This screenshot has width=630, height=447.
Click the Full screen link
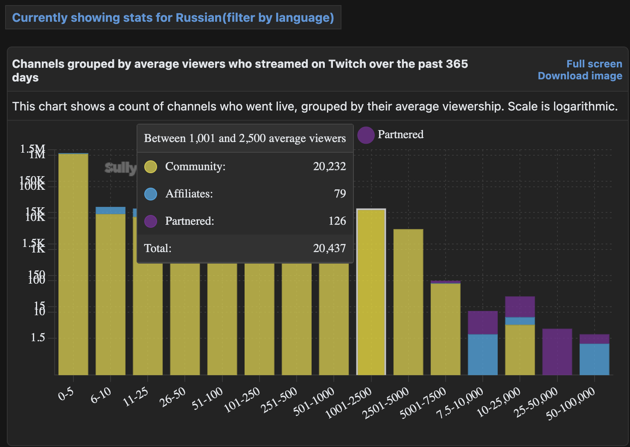coord(594,64)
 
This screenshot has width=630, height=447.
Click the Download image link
coord(580,76)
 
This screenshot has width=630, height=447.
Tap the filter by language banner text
coord(173,18)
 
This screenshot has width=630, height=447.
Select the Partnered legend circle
coord(366,135)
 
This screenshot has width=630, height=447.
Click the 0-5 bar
coord(73,264)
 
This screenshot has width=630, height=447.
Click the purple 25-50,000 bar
coord(557,352)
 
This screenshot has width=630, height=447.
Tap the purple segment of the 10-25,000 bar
coord(520,307)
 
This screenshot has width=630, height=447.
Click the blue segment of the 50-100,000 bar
coord(594,360)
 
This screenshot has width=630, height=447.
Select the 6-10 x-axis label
coord(101,395)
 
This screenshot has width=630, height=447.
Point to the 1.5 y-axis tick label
coord(38,338)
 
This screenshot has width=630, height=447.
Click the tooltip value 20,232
coord(330,166)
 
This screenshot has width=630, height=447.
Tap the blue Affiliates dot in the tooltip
coord(151,194)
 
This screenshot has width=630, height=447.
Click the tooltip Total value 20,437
coord(330,248)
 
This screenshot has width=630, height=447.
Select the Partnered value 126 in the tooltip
coord(337,221)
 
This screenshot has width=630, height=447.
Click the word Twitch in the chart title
coord(347,64)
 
